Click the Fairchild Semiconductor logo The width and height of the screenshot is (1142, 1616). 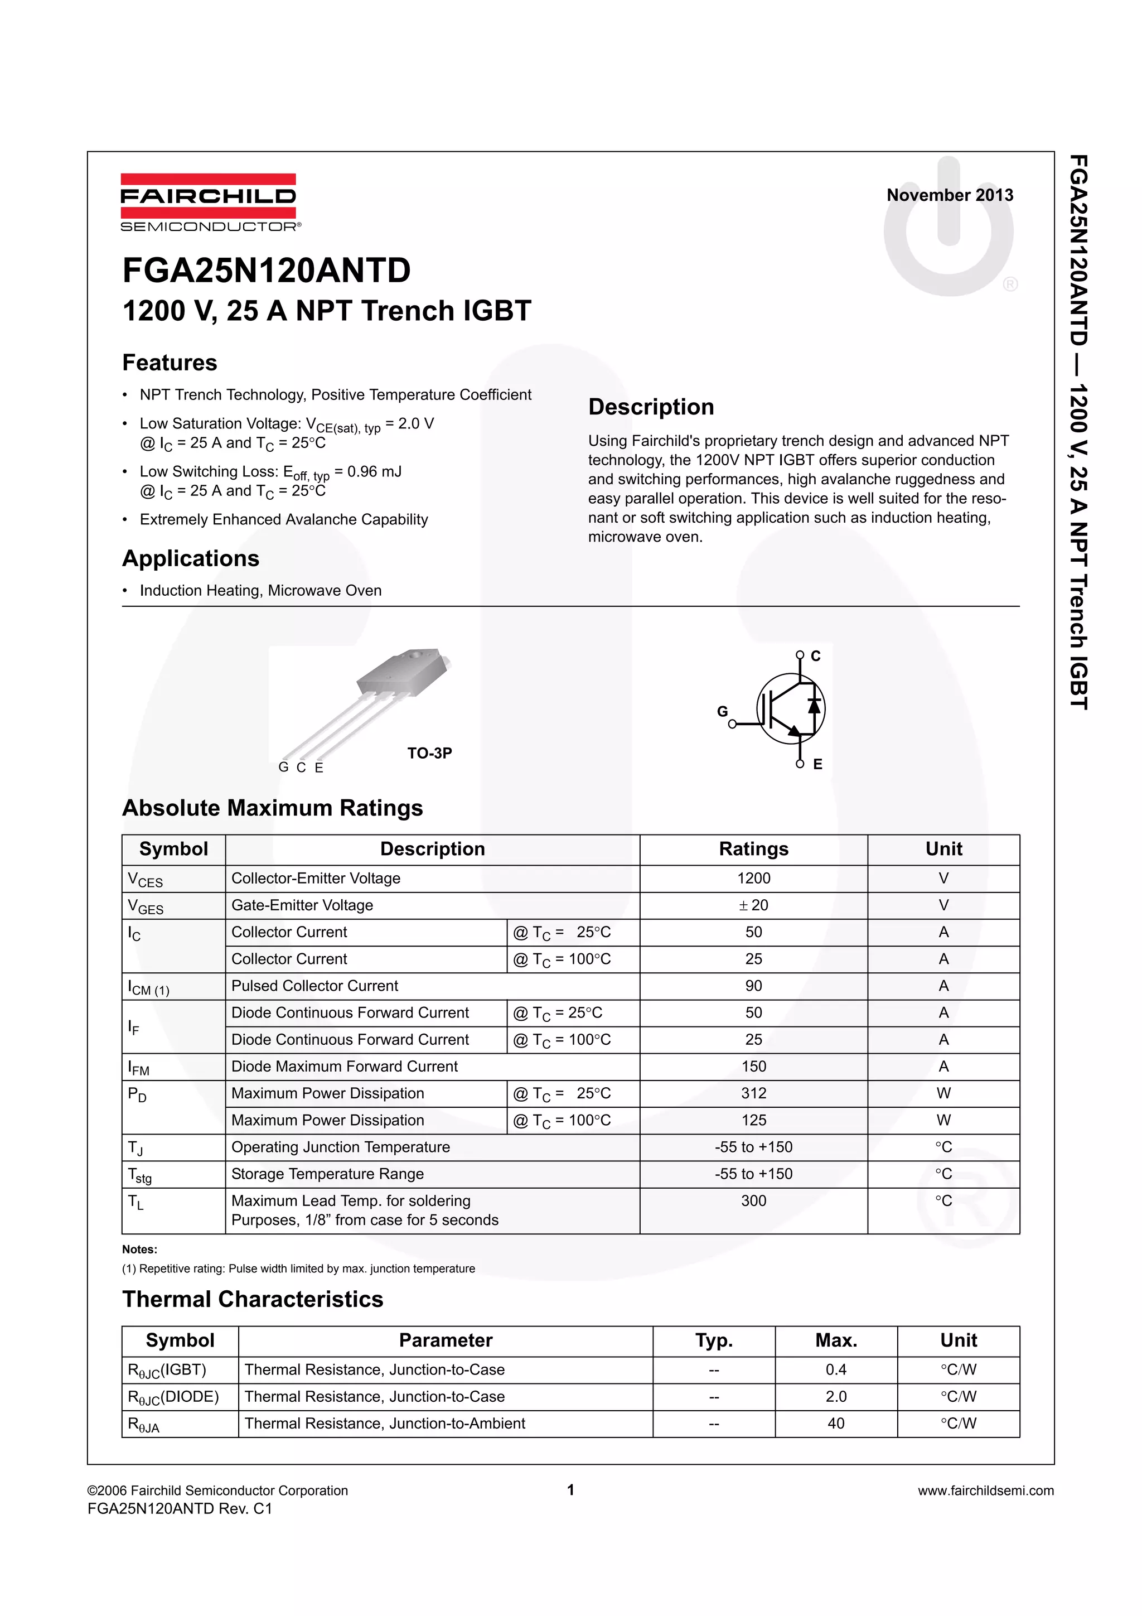209,202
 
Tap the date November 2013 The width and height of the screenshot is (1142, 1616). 949,195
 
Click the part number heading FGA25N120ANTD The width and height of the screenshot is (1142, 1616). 267,271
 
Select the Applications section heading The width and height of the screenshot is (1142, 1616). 191,558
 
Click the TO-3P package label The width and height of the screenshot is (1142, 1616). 429,753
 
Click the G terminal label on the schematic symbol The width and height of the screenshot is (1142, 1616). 722,712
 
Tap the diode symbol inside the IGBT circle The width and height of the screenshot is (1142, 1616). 814,705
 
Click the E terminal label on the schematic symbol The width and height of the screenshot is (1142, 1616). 817,764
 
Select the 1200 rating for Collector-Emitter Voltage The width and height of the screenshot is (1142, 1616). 753,879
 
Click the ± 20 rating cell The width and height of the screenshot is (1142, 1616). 753,905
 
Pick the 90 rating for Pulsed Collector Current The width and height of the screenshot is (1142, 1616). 753,986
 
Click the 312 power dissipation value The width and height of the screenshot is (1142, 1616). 753,1093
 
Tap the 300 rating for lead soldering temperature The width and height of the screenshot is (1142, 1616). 753,1201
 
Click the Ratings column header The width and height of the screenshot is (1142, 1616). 753,849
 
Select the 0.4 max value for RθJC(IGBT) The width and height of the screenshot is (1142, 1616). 836,1369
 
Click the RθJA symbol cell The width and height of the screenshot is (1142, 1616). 144,1425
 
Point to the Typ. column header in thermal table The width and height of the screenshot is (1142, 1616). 714,1340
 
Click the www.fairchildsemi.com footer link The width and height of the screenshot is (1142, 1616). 985,1490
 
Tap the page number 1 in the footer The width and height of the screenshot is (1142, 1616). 570,1489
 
